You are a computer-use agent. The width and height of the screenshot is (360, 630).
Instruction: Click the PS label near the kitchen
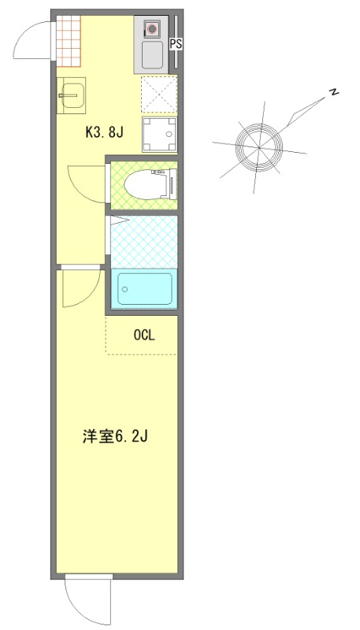[x=176, y=44]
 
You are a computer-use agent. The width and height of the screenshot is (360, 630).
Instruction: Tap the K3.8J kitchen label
[x=104, y=132]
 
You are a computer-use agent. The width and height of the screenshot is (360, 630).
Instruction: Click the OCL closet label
[x=144, y=335]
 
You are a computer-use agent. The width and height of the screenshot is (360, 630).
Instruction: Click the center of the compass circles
[x=259, y=146]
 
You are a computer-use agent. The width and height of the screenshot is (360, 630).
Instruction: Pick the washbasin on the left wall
[x=71, y=95]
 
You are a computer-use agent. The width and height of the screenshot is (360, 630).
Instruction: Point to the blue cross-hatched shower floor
[x=144, y=239]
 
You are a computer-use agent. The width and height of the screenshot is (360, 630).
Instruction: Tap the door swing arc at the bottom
[x=87, y=602]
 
